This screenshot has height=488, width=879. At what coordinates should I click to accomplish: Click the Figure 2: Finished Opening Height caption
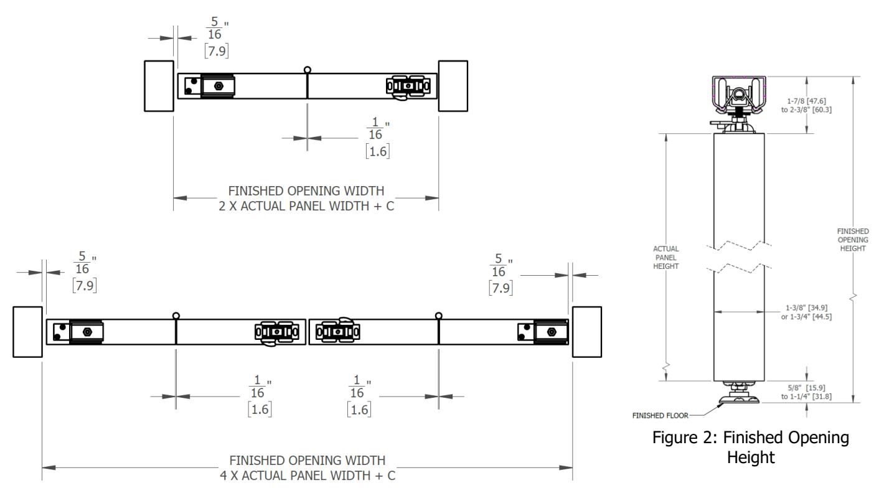750,447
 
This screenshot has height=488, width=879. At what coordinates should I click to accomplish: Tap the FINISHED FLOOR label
660,415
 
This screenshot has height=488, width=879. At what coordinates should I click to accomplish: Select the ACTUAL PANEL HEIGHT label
666,257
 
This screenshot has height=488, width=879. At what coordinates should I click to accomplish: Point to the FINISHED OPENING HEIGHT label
853,240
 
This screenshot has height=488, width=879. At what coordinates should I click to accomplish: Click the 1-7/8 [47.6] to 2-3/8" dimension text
806,106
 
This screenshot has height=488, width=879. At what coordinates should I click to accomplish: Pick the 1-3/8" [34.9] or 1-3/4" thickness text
806,312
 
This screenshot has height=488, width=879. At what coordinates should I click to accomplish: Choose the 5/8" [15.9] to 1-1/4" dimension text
806,392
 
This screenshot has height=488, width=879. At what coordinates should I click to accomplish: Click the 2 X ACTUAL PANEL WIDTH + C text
306,206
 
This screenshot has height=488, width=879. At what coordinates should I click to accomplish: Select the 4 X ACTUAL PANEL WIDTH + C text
308,476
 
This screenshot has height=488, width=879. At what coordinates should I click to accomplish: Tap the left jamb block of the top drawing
159,86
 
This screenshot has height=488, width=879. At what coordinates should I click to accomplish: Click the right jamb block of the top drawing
453,86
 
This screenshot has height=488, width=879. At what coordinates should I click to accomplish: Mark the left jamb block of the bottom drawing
27,332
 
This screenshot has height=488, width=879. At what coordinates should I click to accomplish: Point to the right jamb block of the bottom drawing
586,332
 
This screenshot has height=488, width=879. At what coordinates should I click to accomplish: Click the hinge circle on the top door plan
308,70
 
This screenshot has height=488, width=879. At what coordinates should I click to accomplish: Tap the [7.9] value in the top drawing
217,51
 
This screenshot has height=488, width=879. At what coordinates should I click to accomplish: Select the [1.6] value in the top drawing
377,151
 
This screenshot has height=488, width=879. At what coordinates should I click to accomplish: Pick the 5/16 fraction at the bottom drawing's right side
499,265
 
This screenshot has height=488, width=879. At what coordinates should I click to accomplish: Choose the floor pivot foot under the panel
738,393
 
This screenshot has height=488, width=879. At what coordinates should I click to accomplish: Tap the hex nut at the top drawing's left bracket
219,86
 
